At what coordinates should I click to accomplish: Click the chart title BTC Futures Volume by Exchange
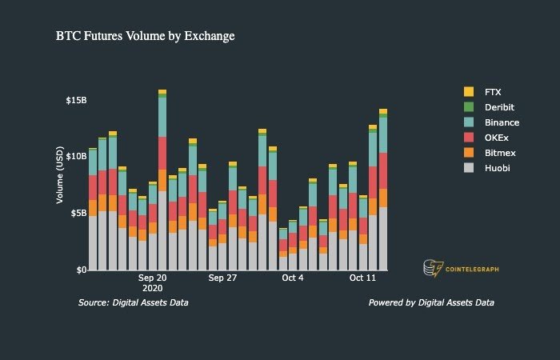(145, 36)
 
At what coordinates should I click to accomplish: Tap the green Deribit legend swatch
(469, 107)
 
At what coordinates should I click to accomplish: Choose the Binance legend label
(502, 122)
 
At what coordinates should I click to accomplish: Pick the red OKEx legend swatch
(469, 138)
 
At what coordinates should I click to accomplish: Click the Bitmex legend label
(498, 152)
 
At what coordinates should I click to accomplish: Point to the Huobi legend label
(497, 167)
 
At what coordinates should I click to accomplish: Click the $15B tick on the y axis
(76, 100)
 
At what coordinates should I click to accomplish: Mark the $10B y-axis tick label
(76, 156)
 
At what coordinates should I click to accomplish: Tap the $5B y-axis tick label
(78, 213)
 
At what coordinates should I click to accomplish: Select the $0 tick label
(82, 270)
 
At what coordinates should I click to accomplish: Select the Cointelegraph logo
(460, 269)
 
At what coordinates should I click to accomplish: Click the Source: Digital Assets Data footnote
(134, 303)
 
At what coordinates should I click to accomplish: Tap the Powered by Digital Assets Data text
(431, 303)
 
